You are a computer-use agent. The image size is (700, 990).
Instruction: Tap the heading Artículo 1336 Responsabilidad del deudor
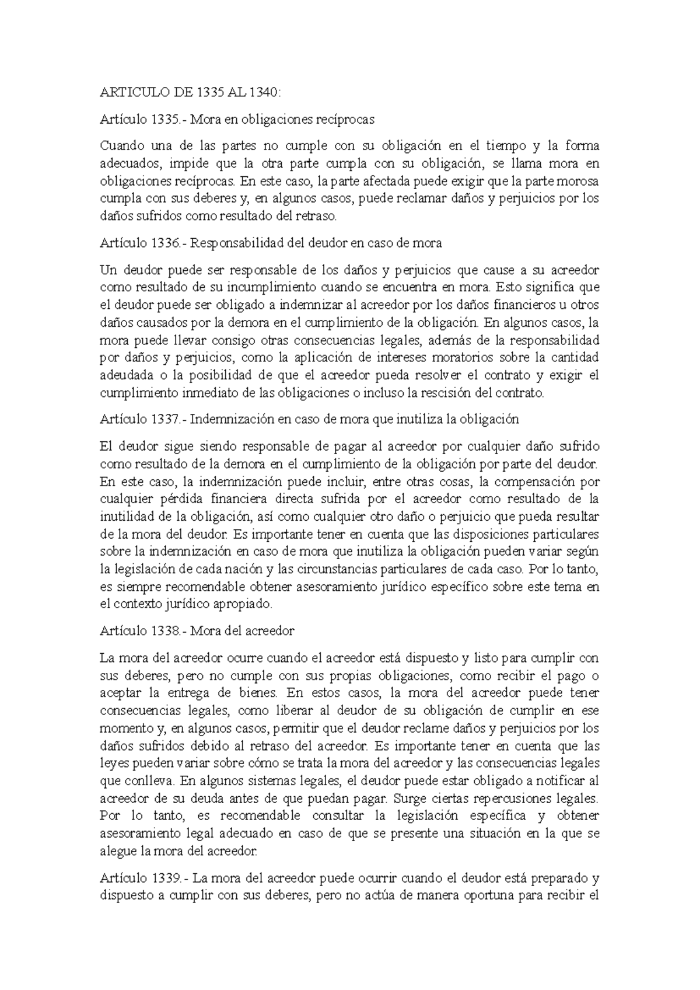click(x=271, y=243)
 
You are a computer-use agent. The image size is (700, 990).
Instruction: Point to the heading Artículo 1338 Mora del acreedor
click(x=197, y=631)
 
